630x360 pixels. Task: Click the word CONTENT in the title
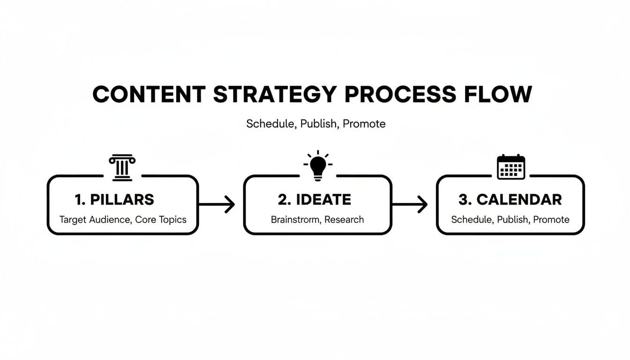tap(149, 94)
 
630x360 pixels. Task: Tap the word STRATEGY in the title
tap(275, 94)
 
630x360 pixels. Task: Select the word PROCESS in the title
tap(400, 94)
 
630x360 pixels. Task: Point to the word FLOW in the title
tap(497, 94)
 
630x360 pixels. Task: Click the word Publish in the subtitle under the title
tap(318, 124)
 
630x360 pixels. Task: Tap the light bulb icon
tap(318, 166)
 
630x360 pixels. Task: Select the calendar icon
tap(510, 167)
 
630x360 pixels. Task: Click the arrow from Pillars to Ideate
tap(217, 204)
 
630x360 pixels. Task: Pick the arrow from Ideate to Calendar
tap(409, 204)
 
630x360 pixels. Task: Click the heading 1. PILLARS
tap(114, 199)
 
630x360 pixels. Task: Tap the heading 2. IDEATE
tap(314, 199)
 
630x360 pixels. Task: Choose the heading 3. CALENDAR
tap(510, 199)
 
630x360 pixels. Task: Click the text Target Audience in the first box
tap(95, 219)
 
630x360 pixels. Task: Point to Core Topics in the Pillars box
tap(161, 219)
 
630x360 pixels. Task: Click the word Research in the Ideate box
tap(344, 219)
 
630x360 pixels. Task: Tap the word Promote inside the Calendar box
tap(551, 219)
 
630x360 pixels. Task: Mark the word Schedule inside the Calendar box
tap(470, 219)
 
